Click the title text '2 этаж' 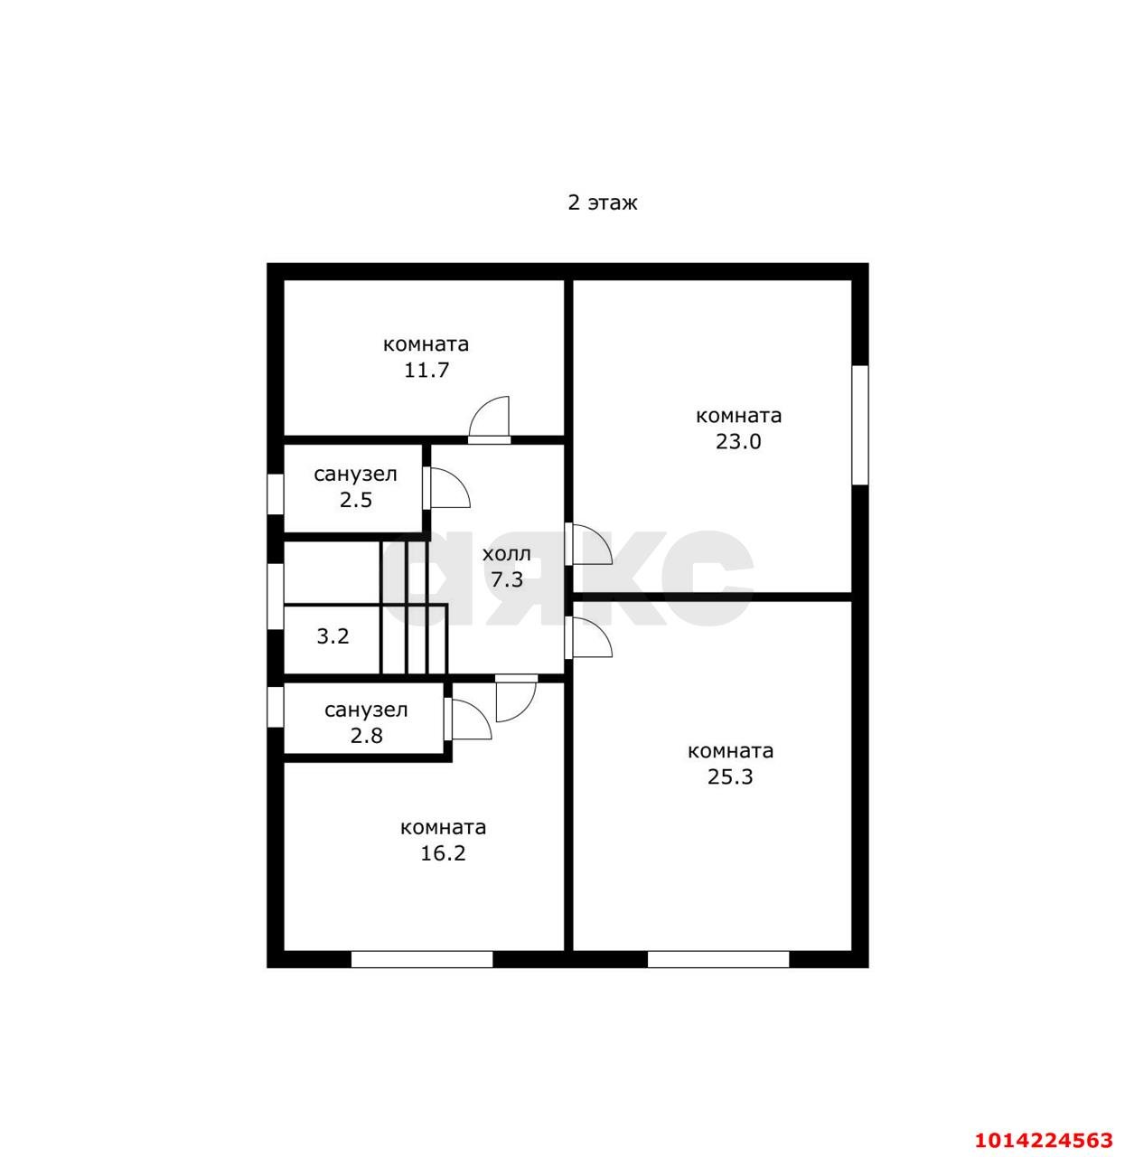(x=602, y=203)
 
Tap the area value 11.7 (x=426, y=371)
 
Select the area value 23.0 (x=738, y=442)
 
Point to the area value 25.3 (x=730, y=777)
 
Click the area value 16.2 (x=443, y=854)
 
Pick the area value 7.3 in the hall (x=507, y=580)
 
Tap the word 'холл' (x=507, y=554)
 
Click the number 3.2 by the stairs (x=333, y=636)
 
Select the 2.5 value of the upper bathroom (x=356, y=500)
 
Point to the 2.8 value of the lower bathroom (x=367, y=736)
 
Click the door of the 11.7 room (x=489, y=420)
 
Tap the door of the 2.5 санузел (x=446, y=488)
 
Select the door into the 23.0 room (x=588, y=544)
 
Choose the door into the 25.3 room (x=588, y=637)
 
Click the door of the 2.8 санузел (x=468, y=719)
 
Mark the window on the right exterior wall (x=860, y=425)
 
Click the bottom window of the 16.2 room (x=421, y=959)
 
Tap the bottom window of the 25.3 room (x=718, y=959)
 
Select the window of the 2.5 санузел (x=275, y=494)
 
